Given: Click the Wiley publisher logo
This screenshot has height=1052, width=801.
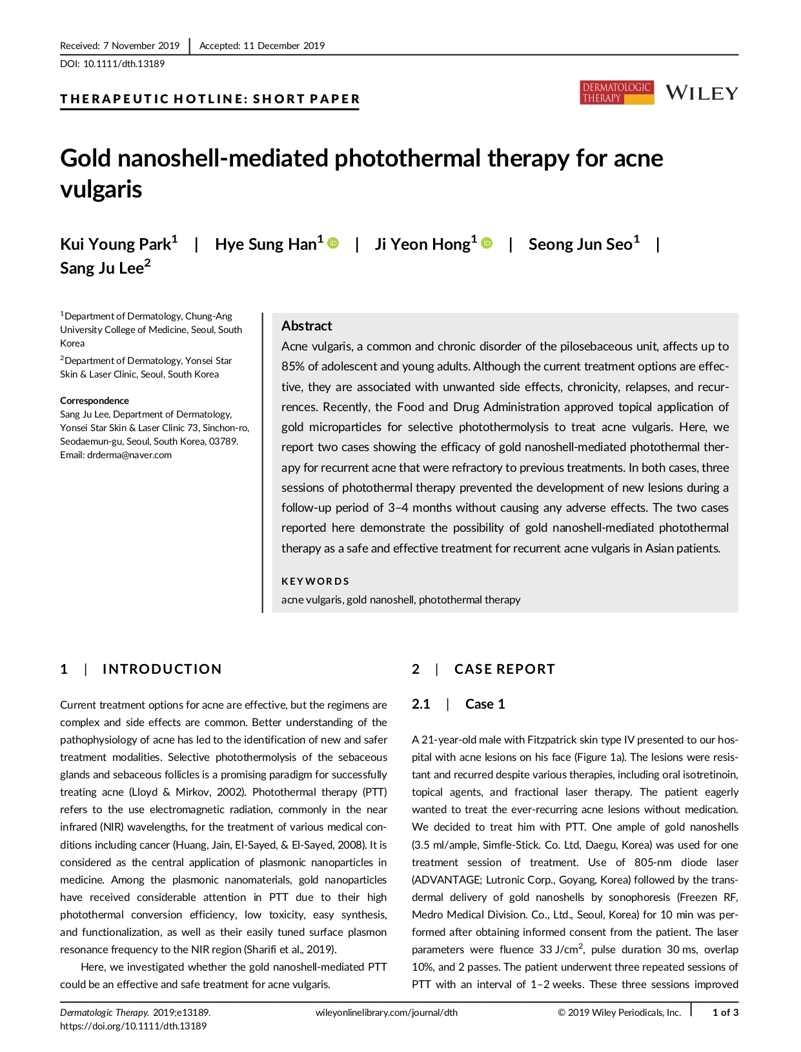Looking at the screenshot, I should [x=702, y=93].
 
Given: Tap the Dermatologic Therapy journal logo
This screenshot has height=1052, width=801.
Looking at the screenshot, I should [x=616, y=92].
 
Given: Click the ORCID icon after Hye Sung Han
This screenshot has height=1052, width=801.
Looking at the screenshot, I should [x=333, y=243].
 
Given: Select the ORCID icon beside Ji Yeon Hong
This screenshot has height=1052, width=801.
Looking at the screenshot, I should [x=487, y=243].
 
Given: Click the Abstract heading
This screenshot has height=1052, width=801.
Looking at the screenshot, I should [x=307, y=326].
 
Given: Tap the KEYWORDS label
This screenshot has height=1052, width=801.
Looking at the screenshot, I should [x=315, y=581].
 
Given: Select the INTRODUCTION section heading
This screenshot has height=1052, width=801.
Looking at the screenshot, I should [x=161, y=669].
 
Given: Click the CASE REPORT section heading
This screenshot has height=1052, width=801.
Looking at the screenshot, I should [x=504, y=669].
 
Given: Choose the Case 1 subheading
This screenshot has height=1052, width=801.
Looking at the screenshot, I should [x=485, y=703].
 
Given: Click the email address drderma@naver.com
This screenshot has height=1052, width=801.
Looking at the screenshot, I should [x=129, y=455].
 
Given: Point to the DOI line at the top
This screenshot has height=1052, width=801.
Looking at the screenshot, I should [x=112, y=64].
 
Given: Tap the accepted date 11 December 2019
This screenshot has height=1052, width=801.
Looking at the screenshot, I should [x=283, y=46].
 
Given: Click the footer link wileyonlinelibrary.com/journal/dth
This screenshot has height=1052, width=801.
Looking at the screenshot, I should [x=386, y=1013].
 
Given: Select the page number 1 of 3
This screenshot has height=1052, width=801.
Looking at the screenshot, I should [x=725, y=1013].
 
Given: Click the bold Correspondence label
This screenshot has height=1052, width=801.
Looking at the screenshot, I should [x=94, y=401].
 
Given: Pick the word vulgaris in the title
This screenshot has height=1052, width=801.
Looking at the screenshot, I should [x=101, y=189].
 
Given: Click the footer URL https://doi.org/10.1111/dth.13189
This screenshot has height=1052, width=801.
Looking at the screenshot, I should [x=133, y=1026].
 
